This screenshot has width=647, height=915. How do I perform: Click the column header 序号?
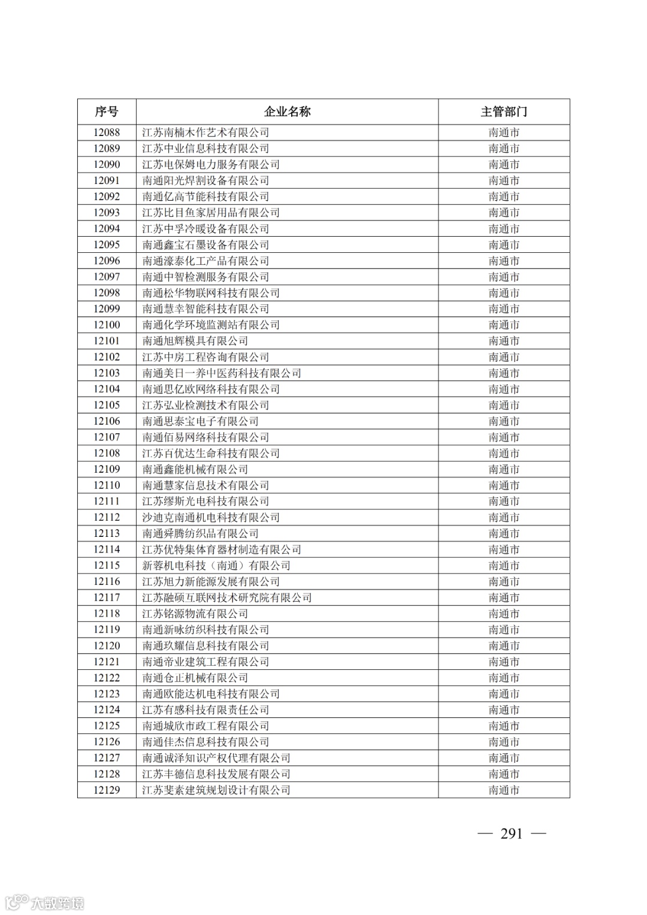pos(107,112)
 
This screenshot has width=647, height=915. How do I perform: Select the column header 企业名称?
pos(287,112)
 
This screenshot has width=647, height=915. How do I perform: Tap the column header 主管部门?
pos(504,112)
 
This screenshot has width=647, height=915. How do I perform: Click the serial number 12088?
pos(107,132)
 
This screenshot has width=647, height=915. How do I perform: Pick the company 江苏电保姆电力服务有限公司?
pos(211,165)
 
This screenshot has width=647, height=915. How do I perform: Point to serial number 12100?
pos(107,325)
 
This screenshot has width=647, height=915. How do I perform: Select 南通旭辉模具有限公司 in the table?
pos(195,341)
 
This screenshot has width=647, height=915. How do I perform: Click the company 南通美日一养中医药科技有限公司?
pos(222,373)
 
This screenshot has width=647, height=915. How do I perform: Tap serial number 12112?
pos(107,517)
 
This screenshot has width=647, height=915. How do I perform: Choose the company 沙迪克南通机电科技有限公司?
pos(211,517)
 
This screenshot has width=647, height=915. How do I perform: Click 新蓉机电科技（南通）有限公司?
pos(216,566)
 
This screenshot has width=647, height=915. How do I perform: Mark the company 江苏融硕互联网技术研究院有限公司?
pos(227,597)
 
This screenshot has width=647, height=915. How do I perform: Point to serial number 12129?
pos(107,790)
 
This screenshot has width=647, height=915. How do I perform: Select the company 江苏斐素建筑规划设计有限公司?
pos(216,790)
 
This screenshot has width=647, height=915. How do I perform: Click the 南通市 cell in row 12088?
pos(504,132)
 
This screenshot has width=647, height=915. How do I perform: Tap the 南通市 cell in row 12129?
pos(504,790)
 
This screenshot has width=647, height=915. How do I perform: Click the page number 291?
pos(512,834)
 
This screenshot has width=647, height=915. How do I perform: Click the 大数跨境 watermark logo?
pos(44,902)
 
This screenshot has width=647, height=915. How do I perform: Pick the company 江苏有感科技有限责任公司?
pos(205,710)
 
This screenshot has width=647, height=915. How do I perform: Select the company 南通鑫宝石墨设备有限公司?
pos(205,245)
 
